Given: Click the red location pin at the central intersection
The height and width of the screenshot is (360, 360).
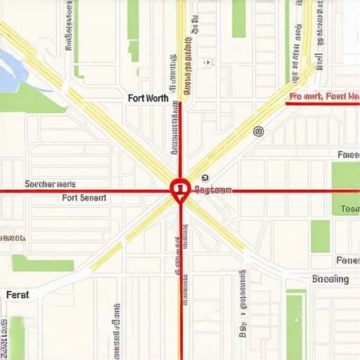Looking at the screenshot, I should tap(180, 188).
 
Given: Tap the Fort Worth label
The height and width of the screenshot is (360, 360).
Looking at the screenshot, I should tap(148, 98).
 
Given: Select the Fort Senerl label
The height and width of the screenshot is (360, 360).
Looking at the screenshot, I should tap(84, 198).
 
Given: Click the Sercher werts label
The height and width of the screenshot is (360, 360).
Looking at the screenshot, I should tap(50, 184).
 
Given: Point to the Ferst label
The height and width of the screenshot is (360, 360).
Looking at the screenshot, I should tap(18, 295).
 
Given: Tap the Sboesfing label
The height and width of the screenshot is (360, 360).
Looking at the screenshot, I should tap(330, 279).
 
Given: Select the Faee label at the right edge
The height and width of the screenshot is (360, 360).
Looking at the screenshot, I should tap(348, 154).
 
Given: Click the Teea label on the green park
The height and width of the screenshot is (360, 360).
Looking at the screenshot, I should tap(349, 209).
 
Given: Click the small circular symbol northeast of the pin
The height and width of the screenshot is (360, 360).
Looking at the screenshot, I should tap(258, 131).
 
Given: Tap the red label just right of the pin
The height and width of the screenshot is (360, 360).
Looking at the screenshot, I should tap(212, 190).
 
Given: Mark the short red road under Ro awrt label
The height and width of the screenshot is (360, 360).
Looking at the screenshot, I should tap(323, 104).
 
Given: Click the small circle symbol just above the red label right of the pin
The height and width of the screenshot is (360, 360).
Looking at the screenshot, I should tap(205, 178).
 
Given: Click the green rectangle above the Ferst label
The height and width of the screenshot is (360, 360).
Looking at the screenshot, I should tap(43, 264).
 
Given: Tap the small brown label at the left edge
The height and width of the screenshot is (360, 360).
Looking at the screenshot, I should tap(12, 238).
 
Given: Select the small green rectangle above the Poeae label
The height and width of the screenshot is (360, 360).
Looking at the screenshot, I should tap(320, 236).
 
